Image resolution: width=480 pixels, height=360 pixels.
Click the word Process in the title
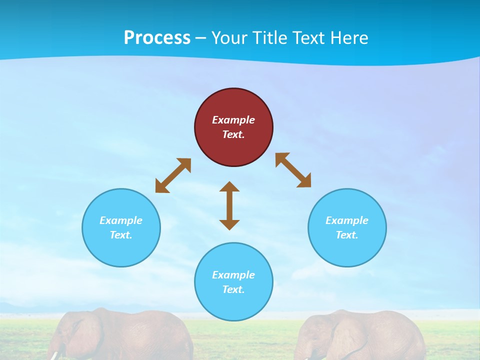coord(157,38)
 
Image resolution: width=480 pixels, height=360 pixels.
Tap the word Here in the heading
coord(349,38)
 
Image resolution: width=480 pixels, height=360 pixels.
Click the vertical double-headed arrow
coord(229,206)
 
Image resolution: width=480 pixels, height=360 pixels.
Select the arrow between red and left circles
coord(173,175)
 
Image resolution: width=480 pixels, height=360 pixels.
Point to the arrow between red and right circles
coord(293,170)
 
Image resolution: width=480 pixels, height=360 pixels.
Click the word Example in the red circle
coord(233,120)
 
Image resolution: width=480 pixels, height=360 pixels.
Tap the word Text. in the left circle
coord(121,235)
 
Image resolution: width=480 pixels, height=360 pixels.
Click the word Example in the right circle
coord(347,220)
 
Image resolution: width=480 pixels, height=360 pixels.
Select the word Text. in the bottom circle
coord(233,289)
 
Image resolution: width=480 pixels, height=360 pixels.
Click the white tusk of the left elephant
coord(54,355)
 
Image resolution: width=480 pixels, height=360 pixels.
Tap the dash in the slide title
coord(200,38)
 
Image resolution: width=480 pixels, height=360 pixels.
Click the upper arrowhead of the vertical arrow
coord(229,187)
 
